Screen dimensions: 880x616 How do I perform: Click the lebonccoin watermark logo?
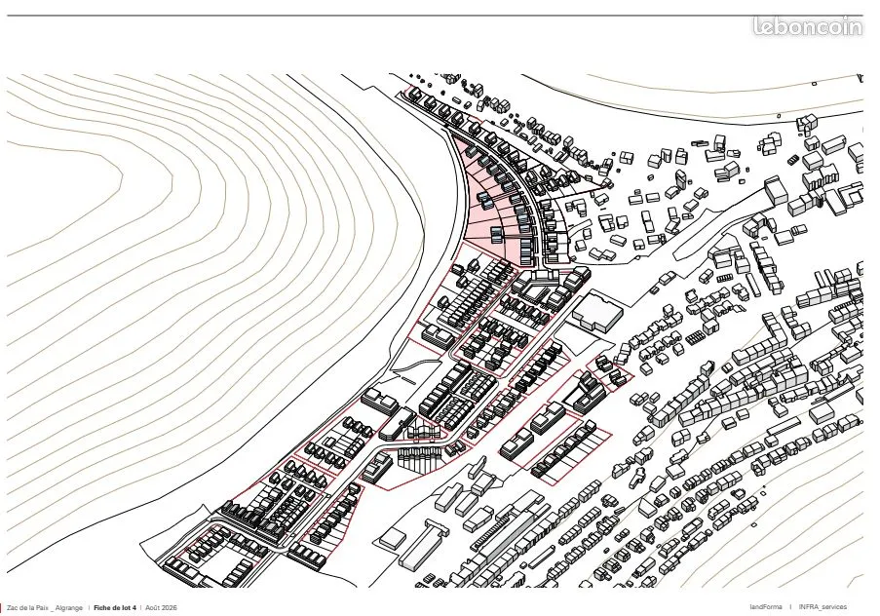click(x=808, y=26)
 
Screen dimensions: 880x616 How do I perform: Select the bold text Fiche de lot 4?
click(x=115, y=608)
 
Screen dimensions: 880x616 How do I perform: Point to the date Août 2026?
click(x=161, y=608)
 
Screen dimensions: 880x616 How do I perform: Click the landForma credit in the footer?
click(x=766, y=607)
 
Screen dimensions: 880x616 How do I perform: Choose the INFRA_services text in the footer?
click(x=823, y=607)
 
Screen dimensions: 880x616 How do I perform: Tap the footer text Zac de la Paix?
click(x=28, y=608)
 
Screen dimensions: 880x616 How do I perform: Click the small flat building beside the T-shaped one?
click(x=393, y=538)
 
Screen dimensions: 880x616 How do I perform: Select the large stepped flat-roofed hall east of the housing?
click(x=597, y=312)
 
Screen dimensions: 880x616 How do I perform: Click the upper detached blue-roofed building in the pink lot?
click(x=483, y=200)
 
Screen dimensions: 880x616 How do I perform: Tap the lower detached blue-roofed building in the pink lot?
click(x=498, y=235)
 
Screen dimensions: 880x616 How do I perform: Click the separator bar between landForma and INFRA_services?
click(x=790, y=607)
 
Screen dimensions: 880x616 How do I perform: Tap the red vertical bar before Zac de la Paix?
click(x=1, y=608)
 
